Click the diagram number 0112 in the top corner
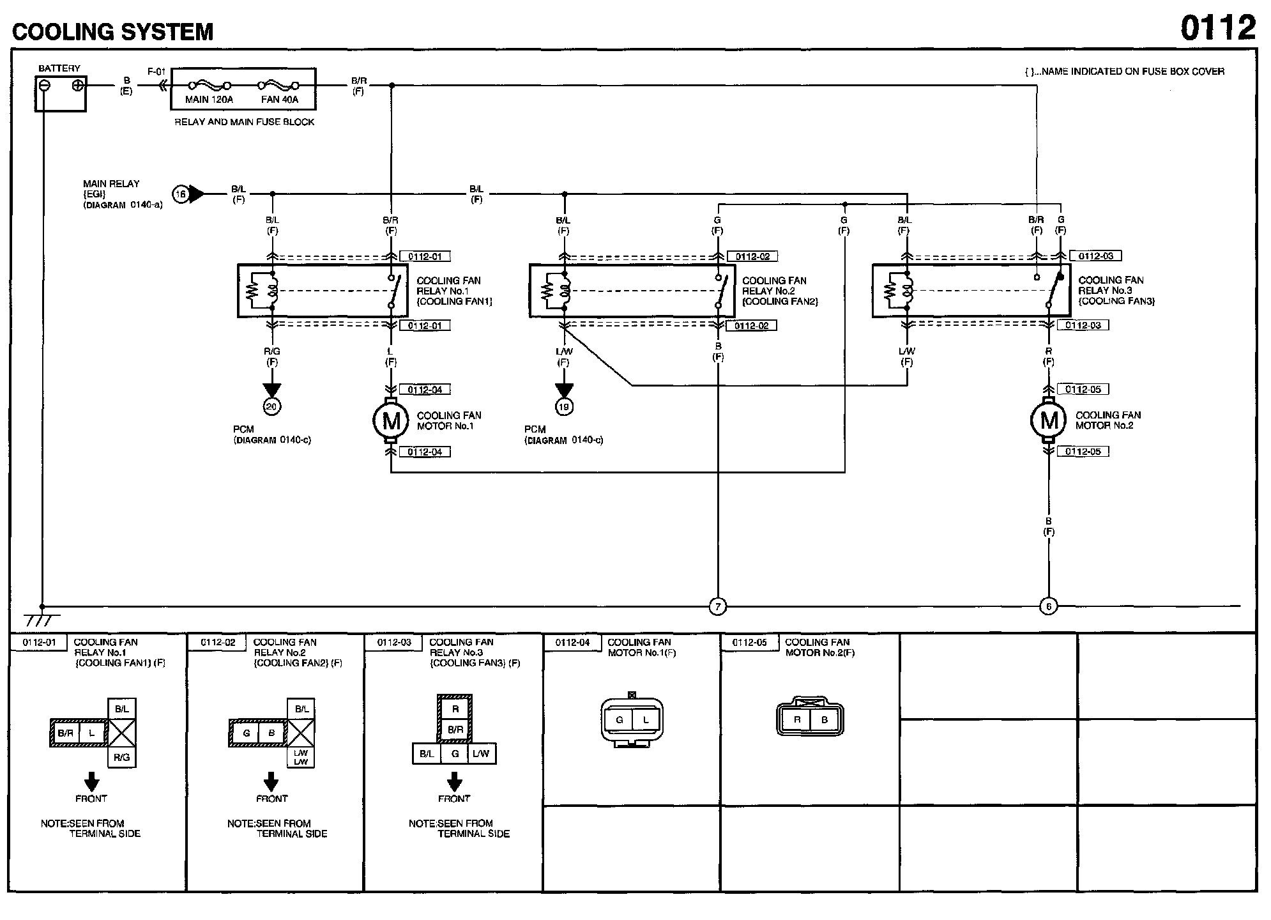click(x=1218, y=27)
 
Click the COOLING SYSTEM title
click(x=113, y=31)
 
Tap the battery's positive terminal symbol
click(x=78, y=85)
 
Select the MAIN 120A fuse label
click(x=209, y=100)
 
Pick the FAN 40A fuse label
click(x=280, y=100)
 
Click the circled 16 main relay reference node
click(x=181, y=194)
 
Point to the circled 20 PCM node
click(x=272, y=406)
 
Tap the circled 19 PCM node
click(x=564, y=406)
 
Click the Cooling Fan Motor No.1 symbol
click(x=391, y=420)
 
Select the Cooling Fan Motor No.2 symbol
click(x=1049, y=420)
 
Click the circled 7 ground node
click(x=718, y=606)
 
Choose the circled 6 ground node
click(x=1048, y=606)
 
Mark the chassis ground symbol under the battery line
click(x=42, y=619)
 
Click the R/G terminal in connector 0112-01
click(x=122, y=758)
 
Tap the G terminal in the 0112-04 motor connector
click(x=619, y=720)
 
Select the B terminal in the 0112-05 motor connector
click(x=824, y=720)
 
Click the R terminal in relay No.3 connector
click(x=455, y=709)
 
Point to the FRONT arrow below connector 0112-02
click(x=271, y=781)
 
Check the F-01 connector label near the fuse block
click(x=156, y=72)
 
